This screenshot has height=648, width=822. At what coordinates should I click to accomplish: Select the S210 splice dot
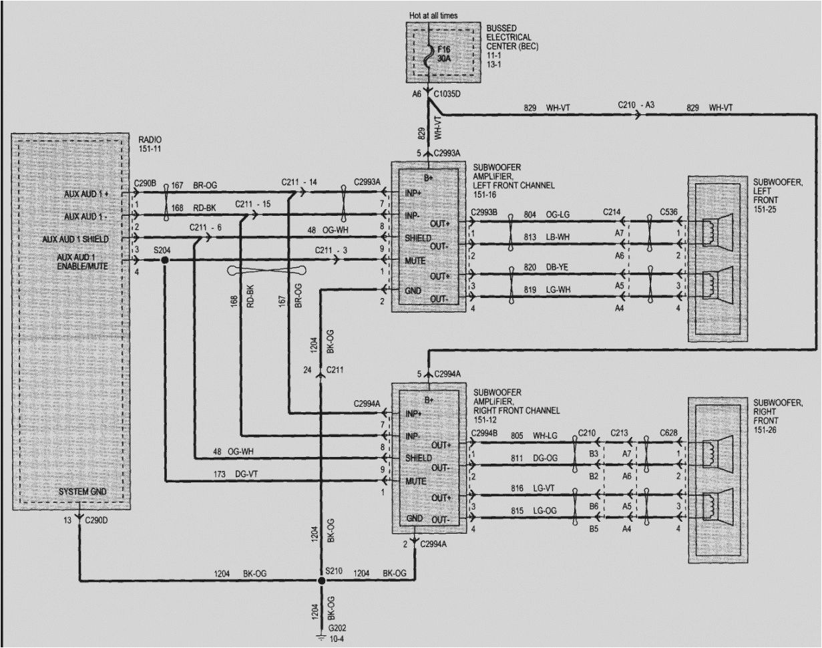point(321,581)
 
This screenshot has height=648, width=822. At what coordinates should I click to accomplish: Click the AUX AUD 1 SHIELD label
point(84,238)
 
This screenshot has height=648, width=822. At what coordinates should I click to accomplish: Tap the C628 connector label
point(668,432)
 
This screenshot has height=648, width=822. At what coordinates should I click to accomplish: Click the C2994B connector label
point(485,433)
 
